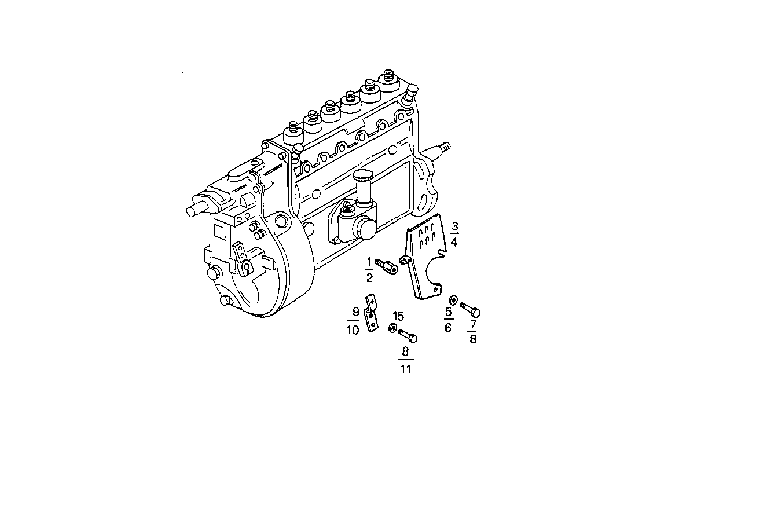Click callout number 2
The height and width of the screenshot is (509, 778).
pos(369,277)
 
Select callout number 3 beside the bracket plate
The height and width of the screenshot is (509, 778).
pos(454,226)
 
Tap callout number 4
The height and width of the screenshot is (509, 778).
pos(454,241)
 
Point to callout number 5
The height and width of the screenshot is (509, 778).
pos(448,313)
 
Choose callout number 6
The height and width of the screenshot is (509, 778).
pos(448,328)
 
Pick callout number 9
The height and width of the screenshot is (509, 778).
pos(355,311)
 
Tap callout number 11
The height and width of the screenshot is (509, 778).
pos(405,369)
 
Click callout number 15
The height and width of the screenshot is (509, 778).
pos(398,316)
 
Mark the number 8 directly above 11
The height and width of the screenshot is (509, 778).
pos(405,351)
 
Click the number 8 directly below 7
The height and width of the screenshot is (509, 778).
pos(472,339)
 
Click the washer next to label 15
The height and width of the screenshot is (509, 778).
pos(392,328)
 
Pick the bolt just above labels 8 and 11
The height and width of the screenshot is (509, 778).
pos(408,335)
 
